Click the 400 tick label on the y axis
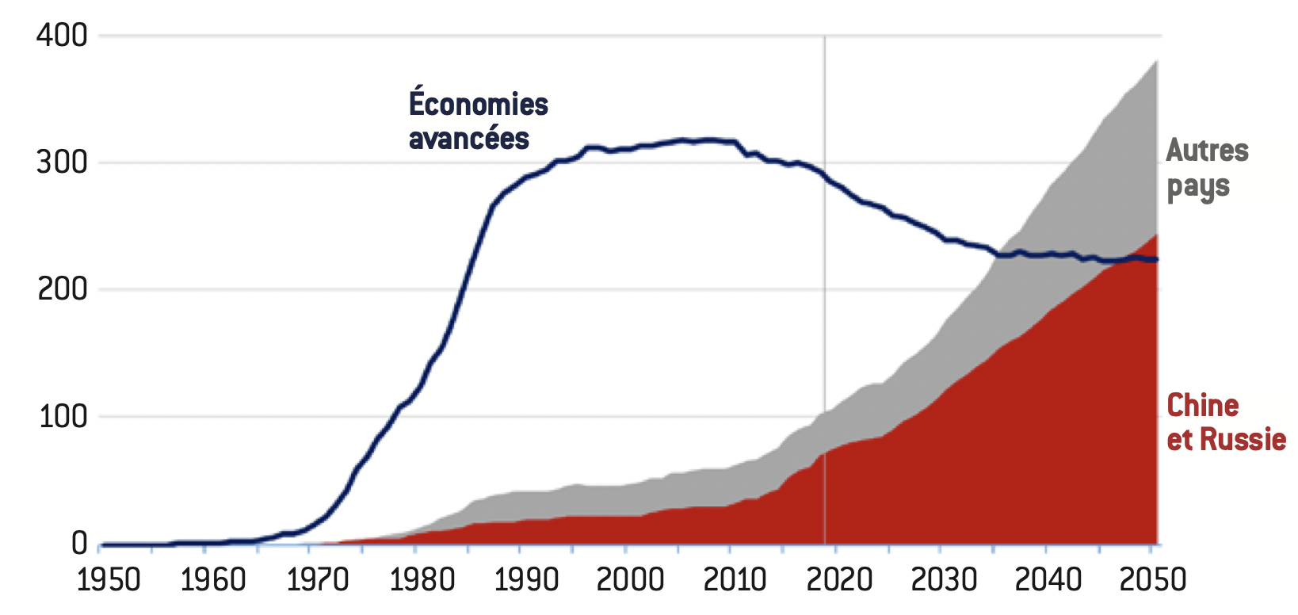tap(62, 36)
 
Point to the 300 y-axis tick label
tap(62, 162)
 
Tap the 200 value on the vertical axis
tap(62, 289)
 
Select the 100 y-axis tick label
tap(62, 416)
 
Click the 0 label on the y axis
tap(79, 544)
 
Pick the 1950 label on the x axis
tap(109, 580)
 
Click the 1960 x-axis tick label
tap(213, 580)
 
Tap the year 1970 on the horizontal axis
tap(318, 580)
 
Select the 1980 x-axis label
tap(422, 580)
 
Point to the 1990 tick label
tap(527, 580)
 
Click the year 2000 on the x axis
tap(631, 580)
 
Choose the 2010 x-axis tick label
tap(735, 580)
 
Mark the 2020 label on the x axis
tap(839, 580)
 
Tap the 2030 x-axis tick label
tap(944, 580)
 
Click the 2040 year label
tap(1048, 580)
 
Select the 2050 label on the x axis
tap(1153, 580)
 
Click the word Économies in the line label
tap(479, 103)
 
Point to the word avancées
tap(469, 139)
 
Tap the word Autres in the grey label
tap(1208, 151)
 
